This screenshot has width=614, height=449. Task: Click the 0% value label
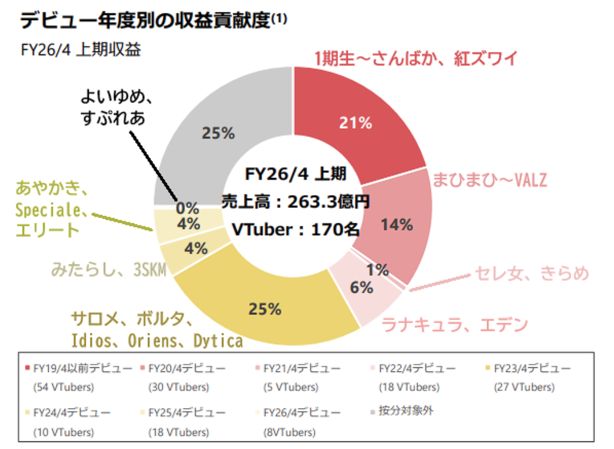(187, 208)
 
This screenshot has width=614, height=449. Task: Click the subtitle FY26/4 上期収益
(80, 49)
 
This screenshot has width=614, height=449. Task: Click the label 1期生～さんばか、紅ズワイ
(415, 59)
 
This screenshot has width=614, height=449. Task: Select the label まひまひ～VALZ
(489, 179)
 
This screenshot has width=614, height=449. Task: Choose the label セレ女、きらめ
(531, 273)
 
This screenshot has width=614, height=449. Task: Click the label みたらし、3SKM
(109, 270)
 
